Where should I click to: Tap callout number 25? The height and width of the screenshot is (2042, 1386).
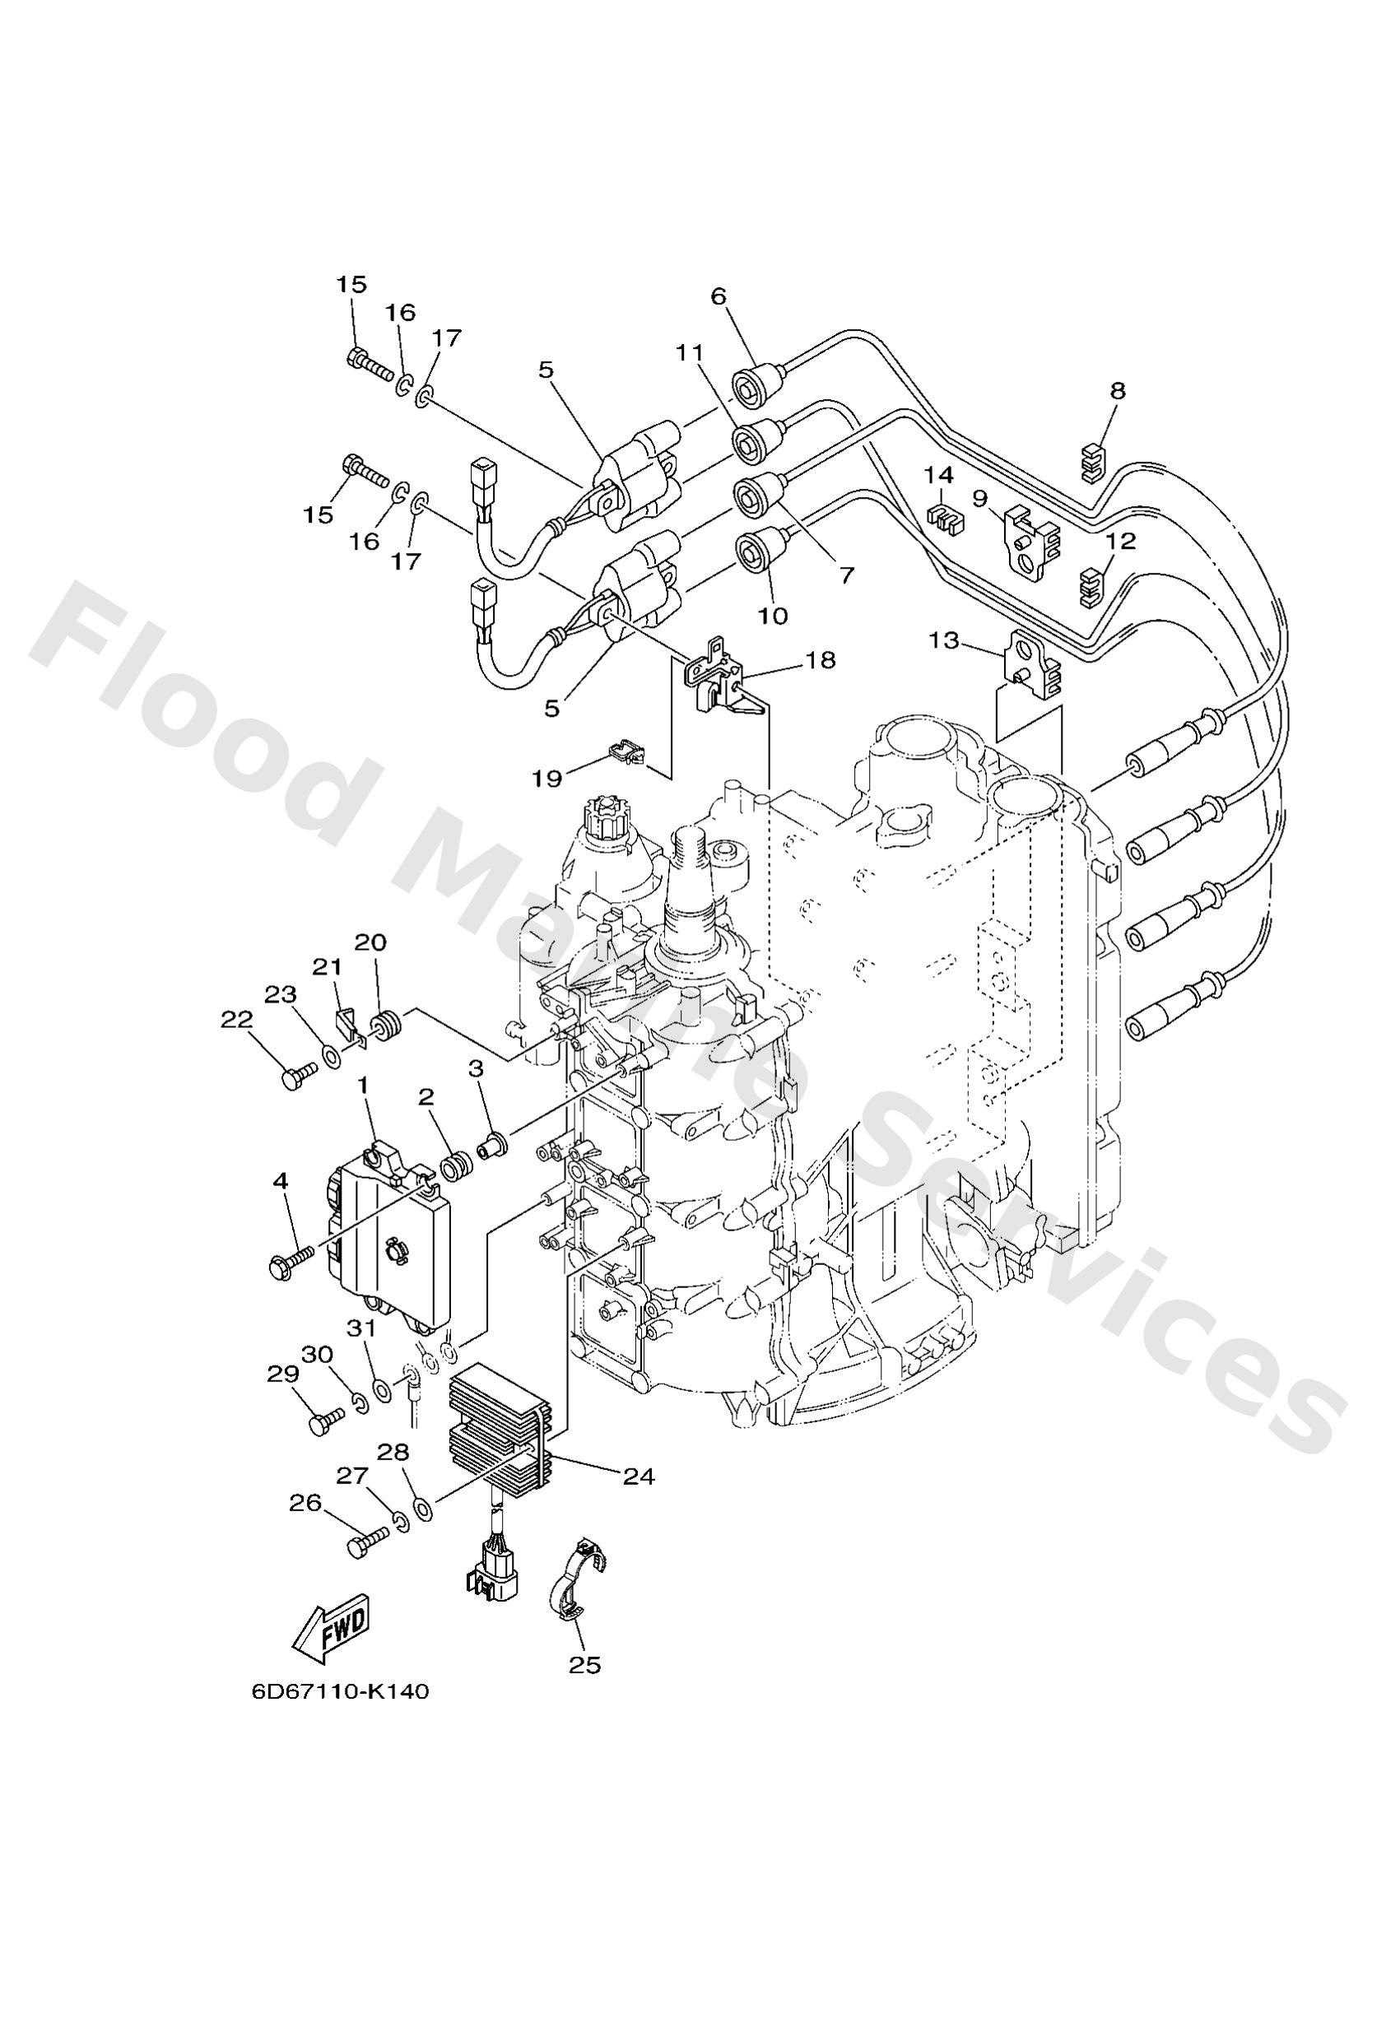584,1664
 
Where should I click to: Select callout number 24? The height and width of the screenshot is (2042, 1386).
639,1476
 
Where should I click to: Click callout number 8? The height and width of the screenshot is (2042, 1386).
1117,391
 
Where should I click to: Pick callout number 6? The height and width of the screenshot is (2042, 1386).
719,296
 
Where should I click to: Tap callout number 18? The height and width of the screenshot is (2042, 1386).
821,659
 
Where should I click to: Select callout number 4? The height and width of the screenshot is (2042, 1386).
281,1182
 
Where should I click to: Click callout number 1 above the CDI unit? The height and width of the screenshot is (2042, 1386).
361,1109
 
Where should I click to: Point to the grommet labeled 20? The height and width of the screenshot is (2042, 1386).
384,1026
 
